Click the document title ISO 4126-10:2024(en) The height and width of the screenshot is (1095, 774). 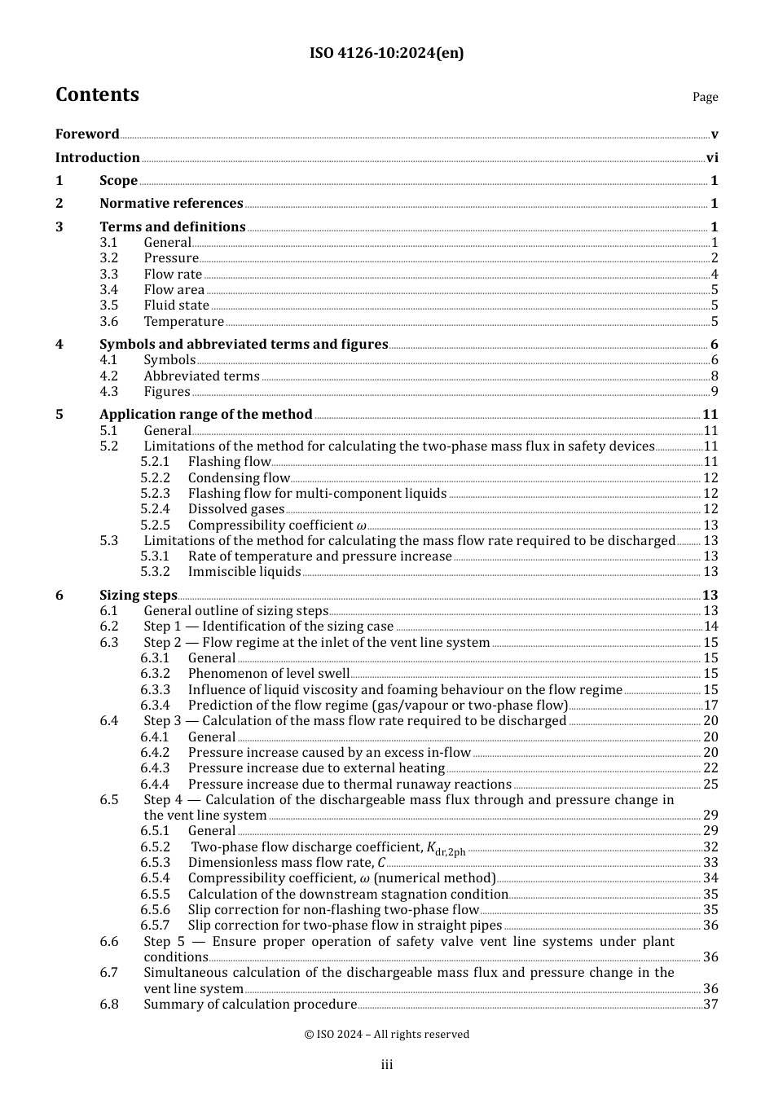click(386, 53)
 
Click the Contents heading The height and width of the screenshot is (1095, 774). click(97, 95)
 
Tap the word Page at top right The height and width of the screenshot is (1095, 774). click(705, 97)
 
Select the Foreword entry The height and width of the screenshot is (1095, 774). click(87, 134)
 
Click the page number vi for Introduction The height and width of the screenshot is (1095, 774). click(712, 158)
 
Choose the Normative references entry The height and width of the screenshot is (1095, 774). click(171, 204)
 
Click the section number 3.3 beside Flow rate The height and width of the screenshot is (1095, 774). click(109, 275)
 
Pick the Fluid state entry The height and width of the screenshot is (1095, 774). click(176, 306)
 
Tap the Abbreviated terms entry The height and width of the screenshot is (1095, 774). click(201, 376)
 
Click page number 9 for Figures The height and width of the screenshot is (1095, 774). click(715, 392)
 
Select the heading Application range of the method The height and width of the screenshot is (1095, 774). click(205, 415)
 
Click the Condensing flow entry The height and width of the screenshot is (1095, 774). click(239, 478)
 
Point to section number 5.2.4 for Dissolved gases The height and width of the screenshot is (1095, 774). click(155, 509)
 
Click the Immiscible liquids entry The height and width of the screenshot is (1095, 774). click(244, 572)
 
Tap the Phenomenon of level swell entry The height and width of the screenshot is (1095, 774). click(269, 674)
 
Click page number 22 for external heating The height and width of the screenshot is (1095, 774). click(710, 768)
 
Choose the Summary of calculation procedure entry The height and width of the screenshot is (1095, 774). click(250, 1005)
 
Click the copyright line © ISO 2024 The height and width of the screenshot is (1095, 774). click(386, 1035)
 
